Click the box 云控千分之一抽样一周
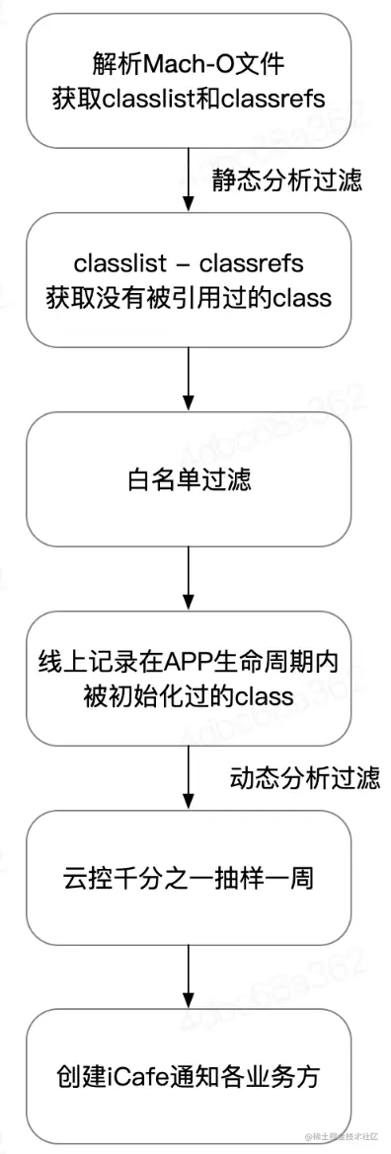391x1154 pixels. [189, 876]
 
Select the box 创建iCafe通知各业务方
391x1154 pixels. [189, 1073]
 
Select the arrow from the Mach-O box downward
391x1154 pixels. [189, 180]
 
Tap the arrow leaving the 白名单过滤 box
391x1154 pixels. [189, 577]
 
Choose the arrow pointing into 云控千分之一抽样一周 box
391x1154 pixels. [189, 773]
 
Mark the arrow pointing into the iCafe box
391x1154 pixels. [189, 971]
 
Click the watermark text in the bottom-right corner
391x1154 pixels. [341, 1139]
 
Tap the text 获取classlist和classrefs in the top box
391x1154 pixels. [189, 98]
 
